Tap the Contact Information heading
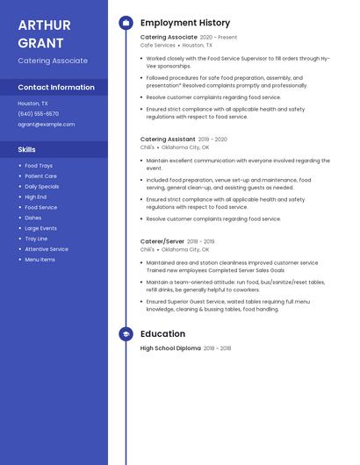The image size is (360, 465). point(56,88)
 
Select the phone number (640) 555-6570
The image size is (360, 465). point(39,114)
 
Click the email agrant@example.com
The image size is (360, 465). point(47,125)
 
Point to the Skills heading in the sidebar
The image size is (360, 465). point(27,150)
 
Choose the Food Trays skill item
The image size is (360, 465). point(39,166)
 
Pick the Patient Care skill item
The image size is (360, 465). point(40,176)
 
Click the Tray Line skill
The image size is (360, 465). point(36,239)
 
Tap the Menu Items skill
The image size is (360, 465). point(40,260)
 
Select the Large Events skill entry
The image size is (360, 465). point(40,228)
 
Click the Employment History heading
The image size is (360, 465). point(185,23)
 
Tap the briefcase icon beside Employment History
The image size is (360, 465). point(126,23)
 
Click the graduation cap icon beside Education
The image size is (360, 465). point(126,334)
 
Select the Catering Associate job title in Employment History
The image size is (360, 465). point(169,38)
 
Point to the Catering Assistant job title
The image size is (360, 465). point(168,139)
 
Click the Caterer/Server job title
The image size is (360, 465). point(162,241)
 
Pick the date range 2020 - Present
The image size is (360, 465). point(219,38)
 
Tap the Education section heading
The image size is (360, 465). point(162,334)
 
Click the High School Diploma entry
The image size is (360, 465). point(170,348)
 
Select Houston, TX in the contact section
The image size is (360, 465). point(33,104)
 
